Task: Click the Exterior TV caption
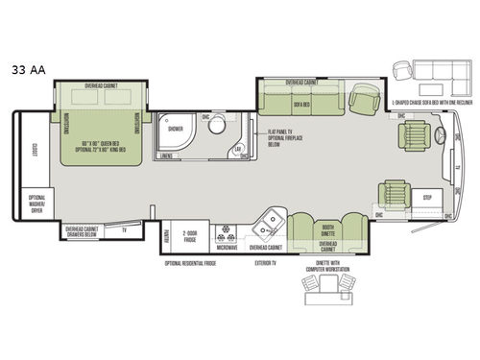(265, 261)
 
